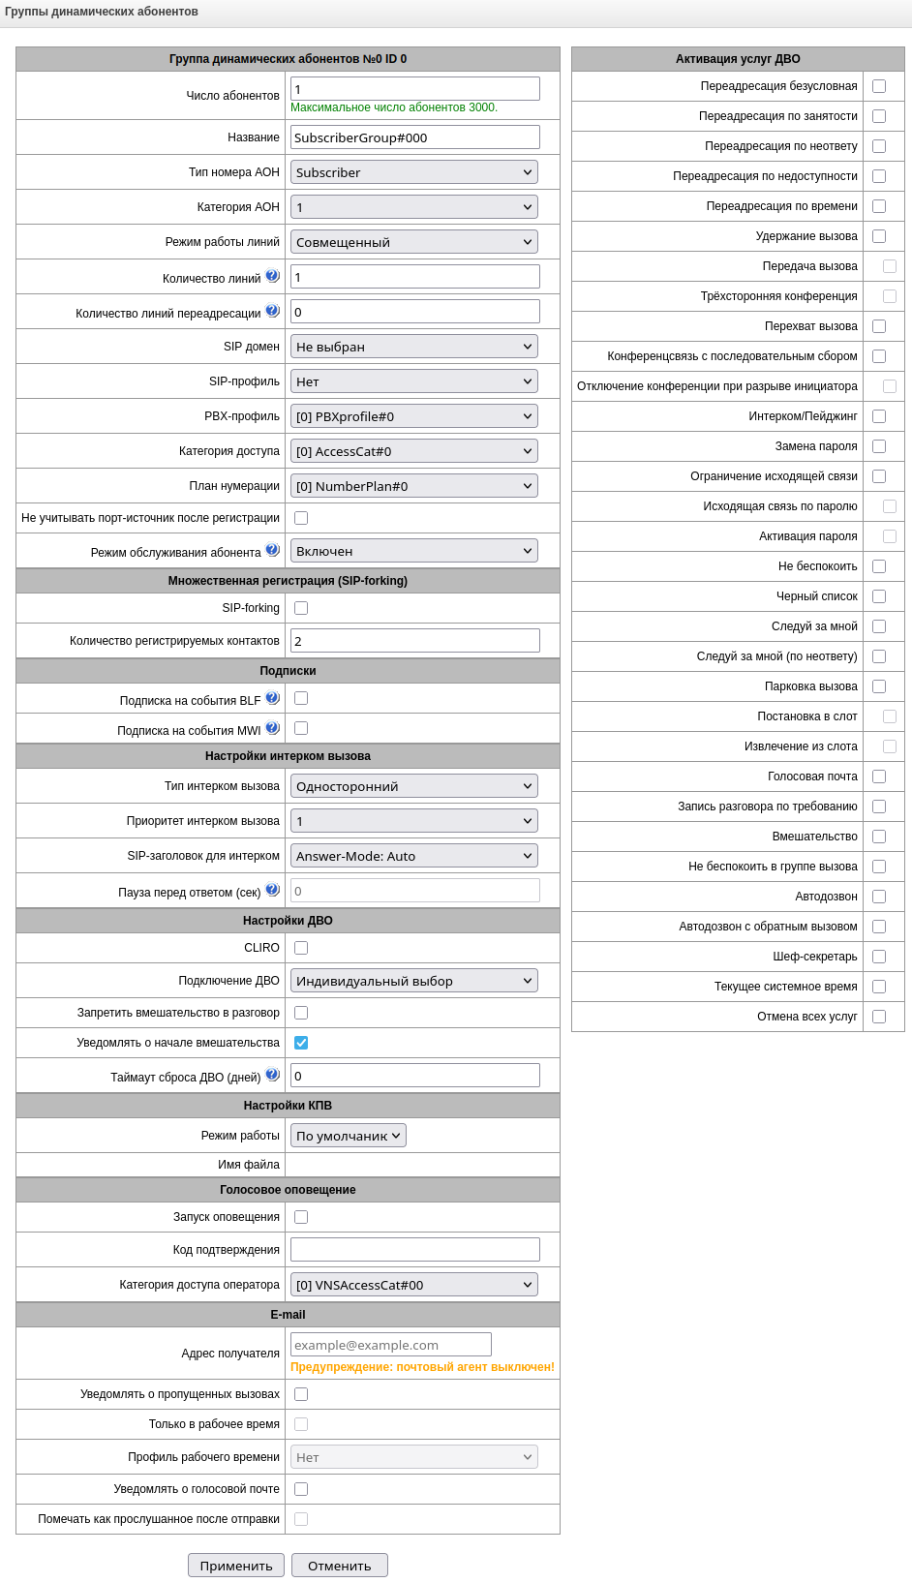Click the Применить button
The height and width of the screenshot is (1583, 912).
(x=235, y=1566)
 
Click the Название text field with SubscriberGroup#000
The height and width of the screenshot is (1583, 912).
(x=414, y=137)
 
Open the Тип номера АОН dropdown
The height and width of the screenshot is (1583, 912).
(x=414, y=172)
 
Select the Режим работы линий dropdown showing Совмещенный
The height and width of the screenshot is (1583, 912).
(x=414, y=242)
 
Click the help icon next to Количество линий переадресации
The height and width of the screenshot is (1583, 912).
(x=273, y=311)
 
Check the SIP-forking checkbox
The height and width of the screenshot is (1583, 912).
(x=301, y=608)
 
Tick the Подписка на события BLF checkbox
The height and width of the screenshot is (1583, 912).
(x=301, y=698)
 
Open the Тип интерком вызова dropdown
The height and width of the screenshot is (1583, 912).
(x=414, y=786)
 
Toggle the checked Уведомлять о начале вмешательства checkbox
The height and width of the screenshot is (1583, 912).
(x=301, y=1043)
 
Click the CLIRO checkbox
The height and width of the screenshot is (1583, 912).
(x=301, y=948)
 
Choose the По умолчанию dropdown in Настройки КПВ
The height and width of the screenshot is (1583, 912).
(x=348, y=1136)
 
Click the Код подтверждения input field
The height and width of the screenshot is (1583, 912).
(x=414, y=1250)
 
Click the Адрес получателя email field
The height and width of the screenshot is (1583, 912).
(x=390, y=1345)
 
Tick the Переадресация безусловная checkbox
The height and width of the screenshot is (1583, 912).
(x=879, y=86)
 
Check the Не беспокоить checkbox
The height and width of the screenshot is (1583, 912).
(x=879, y=566)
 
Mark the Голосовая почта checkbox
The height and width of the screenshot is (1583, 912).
(x=879, y=776)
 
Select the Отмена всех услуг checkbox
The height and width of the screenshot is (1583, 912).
(x=879, y=1017)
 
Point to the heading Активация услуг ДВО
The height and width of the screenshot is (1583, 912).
(x=738, y=59)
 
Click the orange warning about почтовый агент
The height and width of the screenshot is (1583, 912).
(x=422, y=1367)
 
